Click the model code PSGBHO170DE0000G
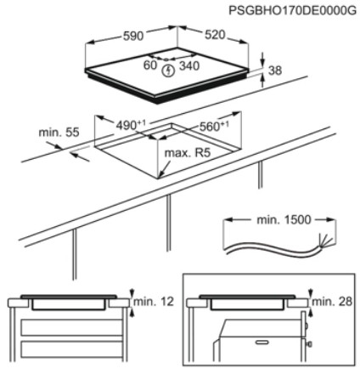pyautogui.click(x=292, y=11)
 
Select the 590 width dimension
pyautogui.click(x=133, y=36)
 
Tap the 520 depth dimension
pyautogui.click(x=215, y=35)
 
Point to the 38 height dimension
pyautogui.click(x=275, y=71)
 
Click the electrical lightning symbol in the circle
pyautogui.click(x=168, y=71)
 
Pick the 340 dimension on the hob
pyautogui.click(x=189, y=65)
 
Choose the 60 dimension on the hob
pyautogui.click(x=150, y=65)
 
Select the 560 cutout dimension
pyautogui.click(x=214, y=126)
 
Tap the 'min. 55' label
pyautogui.click(x=59, y=132)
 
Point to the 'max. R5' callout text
pyautogui.click(x=188, y=153)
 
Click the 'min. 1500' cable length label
pyautogui.click(x=284, y=219)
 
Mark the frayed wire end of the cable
pyautogui.click(x=325, y=241)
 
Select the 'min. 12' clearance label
pyautogui.click(x=154, y=302)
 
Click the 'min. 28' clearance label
pyautogui.click(x=332, y=302)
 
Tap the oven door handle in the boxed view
pyautogui.click(x=262, y=343)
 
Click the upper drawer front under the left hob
pyautogui.click(x=71, y=327)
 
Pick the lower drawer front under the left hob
pyautogui.click(x=71, y=349)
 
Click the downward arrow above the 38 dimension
pyautogui.click(x=263, y=60)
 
